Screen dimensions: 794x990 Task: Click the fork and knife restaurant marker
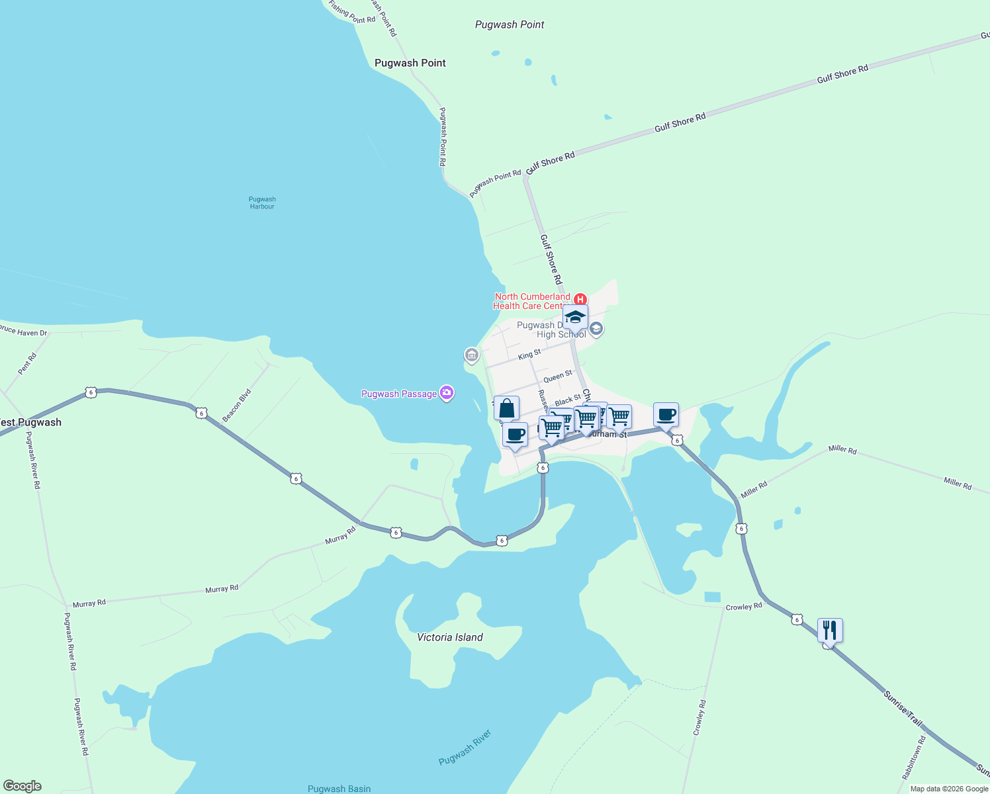click(829, 631)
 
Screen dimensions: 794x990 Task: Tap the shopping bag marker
click(506, 408)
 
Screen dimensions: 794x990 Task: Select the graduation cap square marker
click(575, 317)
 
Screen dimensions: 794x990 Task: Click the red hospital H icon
click(580, 299)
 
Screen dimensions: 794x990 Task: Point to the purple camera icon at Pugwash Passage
click(447, 394)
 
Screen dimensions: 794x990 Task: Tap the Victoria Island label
click(450, 637)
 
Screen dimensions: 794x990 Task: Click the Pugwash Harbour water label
click(262, 202)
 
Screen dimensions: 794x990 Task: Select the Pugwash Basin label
click(339, 789)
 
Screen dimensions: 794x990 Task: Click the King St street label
click(529, 355)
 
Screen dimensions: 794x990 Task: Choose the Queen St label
click(557, 377)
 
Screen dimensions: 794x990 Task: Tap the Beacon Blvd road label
click(236, 406)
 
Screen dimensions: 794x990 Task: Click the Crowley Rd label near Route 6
click(744, 607)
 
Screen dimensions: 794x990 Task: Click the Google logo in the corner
click(22, 786)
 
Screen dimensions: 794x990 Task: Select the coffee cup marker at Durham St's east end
click(666, 415)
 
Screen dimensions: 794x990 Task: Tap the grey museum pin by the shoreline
click(472, 355)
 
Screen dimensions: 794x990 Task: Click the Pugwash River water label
click(465, 748)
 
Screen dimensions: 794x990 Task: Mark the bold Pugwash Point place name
click(410, 63)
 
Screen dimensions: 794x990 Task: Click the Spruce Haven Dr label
click(23, 331)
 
